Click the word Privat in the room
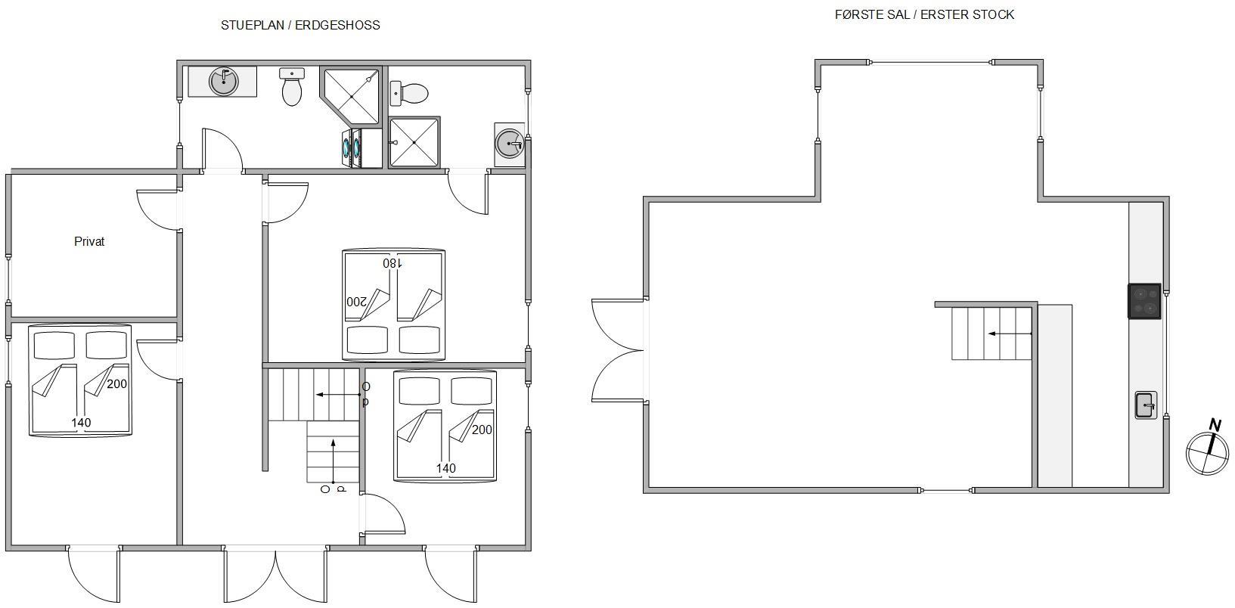89,241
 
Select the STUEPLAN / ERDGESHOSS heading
300,26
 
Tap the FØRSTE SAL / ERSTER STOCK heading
925,15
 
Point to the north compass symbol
1208,448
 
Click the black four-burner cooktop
1144,301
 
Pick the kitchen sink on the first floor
1146,405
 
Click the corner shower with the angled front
351,96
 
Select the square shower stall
414,142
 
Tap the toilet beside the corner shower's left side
292,86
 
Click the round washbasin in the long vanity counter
223,82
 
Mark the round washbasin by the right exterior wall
509,144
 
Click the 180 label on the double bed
393,263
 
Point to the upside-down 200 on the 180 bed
356,302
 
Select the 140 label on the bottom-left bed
81,423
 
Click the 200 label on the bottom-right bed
482,430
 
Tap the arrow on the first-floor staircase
1010,333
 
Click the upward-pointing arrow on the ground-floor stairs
333,461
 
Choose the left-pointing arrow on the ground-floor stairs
338,395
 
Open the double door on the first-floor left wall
617,351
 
